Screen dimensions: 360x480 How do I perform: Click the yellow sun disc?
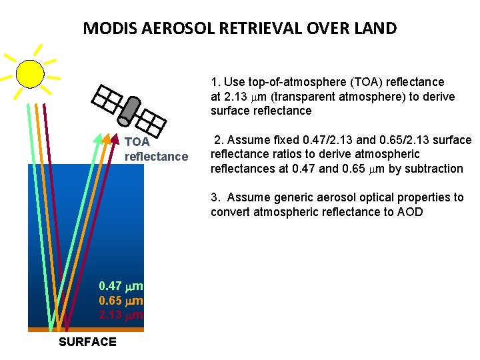(x=30, y=73)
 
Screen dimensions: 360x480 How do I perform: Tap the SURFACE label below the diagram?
(x=87, y=342)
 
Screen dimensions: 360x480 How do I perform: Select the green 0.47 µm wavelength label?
(x=121, y=286)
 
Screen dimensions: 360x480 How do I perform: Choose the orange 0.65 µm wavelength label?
(x=121, y=300)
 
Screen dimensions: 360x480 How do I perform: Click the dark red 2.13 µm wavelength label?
(x=121, y=314)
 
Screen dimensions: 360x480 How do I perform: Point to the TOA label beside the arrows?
(x=137, y=142)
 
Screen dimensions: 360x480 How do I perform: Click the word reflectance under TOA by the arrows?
(x=157, y=157)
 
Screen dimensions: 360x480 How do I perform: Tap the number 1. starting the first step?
(x=215, y=82)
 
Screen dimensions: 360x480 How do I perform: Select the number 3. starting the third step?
(x=215, y=197)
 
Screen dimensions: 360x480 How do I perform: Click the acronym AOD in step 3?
(x=409, y=213)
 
